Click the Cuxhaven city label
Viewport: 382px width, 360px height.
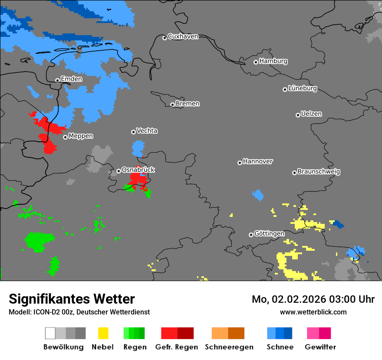183,36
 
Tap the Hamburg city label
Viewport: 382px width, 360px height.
273,61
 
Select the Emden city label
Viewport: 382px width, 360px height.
71,79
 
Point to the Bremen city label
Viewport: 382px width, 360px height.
188,104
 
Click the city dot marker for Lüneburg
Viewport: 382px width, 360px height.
285,89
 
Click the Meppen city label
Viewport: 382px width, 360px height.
81,136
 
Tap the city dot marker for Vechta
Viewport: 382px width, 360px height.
133,132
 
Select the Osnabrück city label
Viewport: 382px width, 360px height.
138,170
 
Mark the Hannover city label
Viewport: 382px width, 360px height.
257,161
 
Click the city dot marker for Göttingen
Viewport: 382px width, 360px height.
251,235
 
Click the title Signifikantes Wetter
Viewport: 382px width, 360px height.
72,299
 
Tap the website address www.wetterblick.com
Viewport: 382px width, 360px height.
313,312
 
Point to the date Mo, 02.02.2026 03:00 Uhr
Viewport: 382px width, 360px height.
313,299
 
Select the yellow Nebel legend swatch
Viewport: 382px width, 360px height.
103,333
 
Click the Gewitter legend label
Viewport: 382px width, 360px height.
320,347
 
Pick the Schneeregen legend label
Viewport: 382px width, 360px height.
229,347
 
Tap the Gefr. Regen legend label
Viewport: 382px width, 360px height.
177,347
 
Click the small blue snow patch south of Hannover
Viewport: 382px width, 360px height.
258,195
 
